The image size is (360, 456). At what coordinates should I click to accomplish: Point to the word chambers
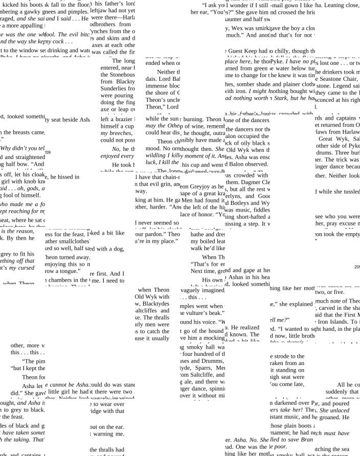(63, 280)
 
